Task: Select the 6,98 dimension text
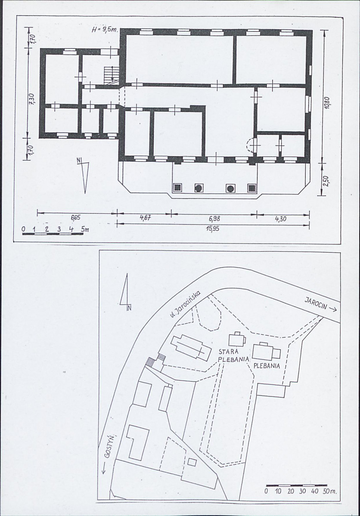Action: click(214, 219)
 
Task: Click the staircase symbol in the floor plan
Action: click(110, 75)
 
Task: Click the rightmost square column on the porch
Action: click(252, 188)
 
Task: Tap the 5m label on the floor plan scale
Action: click(85, 229)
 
